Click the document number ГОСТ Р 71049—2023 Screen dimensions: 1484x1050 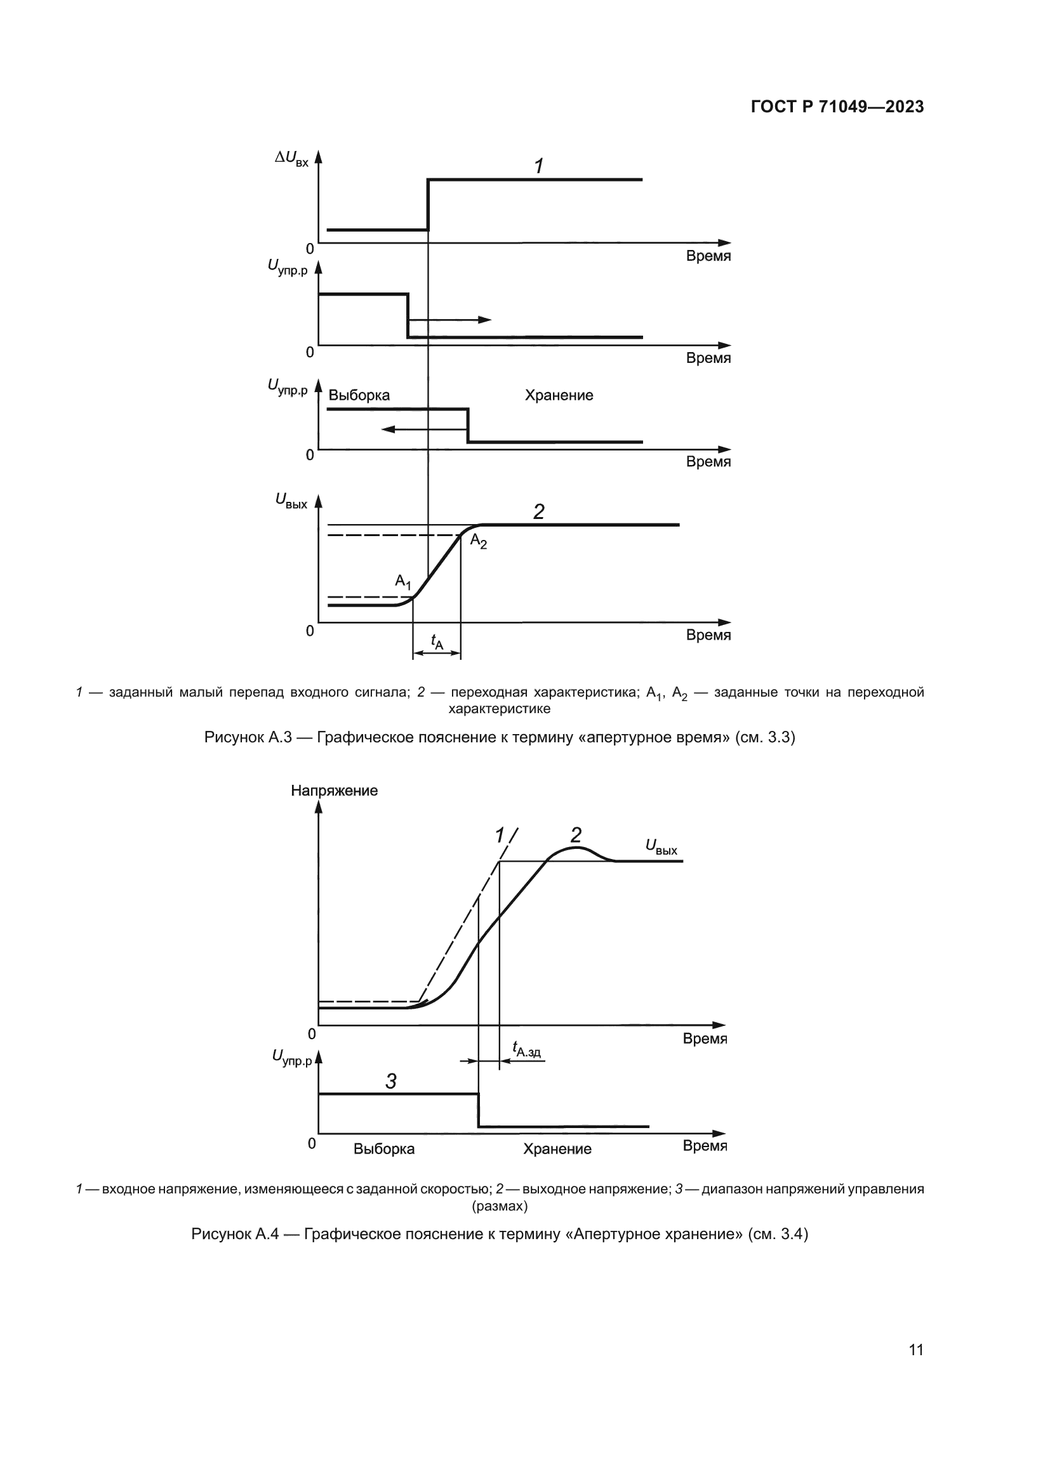click(837, 107)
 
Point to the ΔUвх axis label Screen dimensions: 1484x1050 click(291, 158)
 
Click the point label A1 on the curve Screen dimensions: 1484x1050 click(403, 582)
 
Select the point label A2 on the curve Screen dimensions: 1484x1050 click(479, 542)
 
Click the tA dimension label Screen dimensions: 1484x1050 click(437, 641)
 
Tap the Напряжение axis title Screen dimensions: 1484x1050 click(334, 791)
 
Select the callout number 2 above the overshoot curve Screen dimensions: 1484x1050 click(575, 835)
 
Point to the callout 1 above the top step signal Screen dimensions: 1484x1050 click(538, 166)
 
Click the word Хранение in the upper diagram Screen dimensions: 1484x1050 click(559, 395)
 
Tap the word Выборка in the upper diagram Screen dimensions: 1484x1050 click(359, 395)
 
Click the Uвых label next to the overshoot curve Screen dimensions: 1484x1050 click(661, 847)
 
